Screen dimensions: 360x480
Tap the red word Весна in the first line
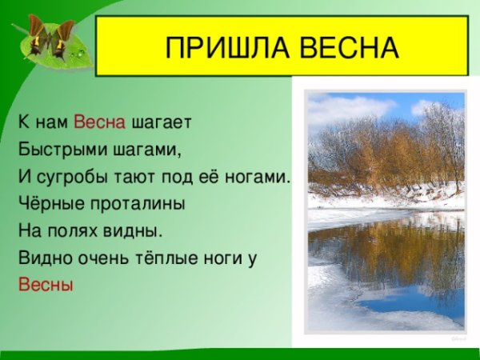(100, 122)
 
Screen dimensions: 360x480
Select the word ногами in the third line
(263, 176)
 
